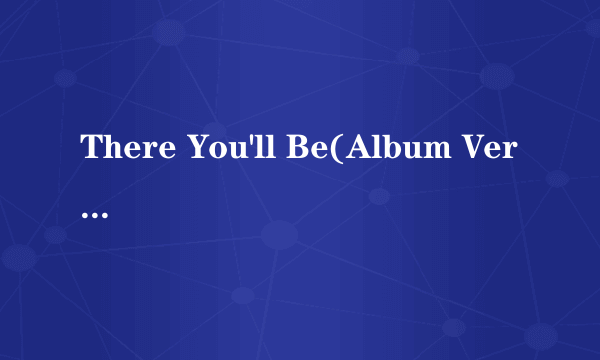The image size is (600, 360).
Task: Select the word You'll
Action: click(x=231, y=150)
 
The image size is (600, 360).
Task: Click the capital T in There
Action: click(x=91, y=150)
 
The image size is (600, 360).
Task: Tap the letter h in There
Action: click(x=113, y=150)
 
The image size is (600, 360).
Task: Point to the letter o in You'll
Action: click(x=214, y=152)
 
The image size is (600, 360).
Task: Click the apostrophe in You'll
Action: click(x=250, y=141)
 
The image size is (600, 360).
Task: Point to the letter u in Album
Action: click(x=405, y=152)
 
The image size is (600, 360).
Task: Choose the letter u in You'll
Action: click(x=235, y=152)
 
